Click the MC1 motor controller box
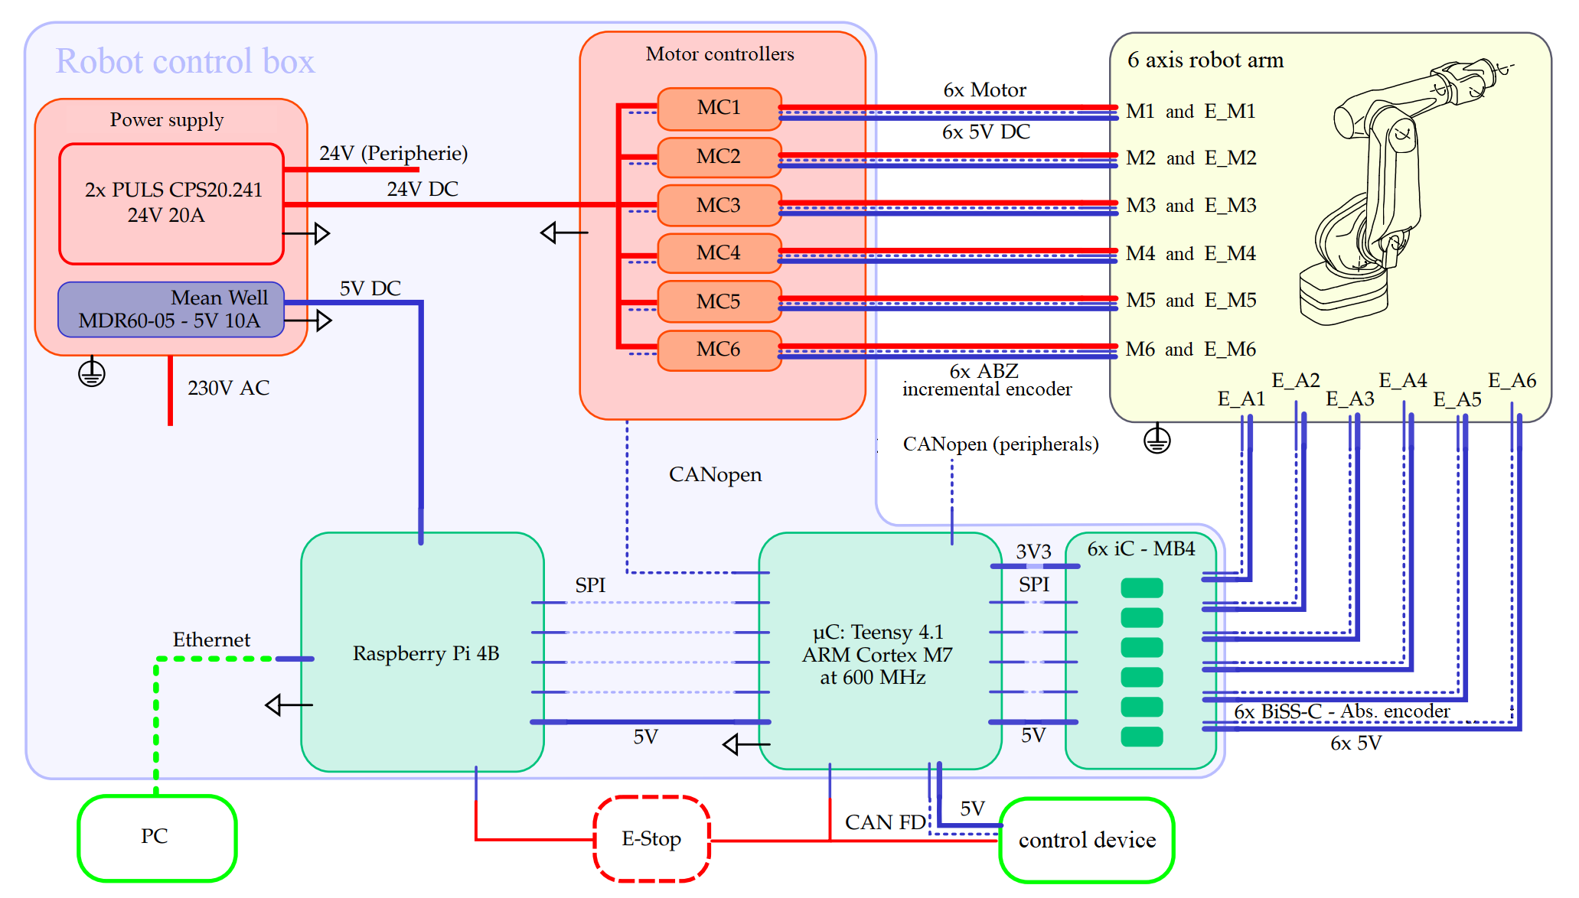click(x=719, y=108)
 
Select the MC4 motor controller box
click(x=719, y=253)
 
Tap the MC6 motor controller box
click(x=719, y=350)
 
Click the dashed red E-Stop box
click(x=651, y=839)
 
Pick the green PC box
click(x=156, y=837)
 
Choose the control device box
click(x=1086, y=840)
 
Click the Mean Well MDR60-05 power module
click(x=171, y=310)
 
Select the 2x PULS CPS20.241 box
click(x=171, y=203)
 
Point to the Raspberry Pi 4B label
click(x=426, y=654)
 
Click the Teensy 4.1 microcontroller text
click(x=877, y=655)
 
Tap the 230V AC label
click(x=228, y=389)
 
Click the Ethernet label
click(x=211, y=640)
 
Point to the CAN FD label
click(x=885, y=822)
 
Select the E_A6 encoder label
click(x=1512, y=381)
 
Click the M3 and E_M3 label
click(x=1191, y=206)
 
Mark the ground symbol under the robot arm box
click(x=1157, y=441)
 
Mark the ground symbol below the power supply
click(x=92, y=373)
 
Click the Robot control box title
click(x=185, y=62)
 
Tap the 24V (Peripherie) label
click(x=393, y=154)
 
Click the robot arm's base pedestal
click(x=1343, y=294)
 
